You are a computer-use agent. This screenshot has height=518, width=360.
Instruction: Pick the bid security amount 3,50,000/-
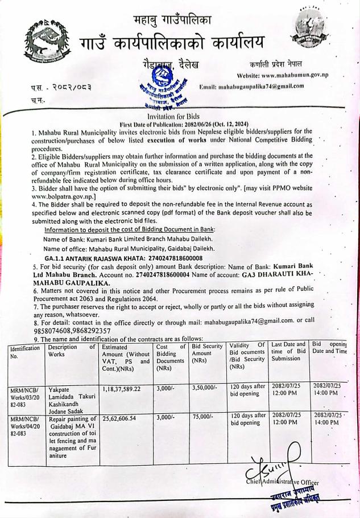202,371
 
